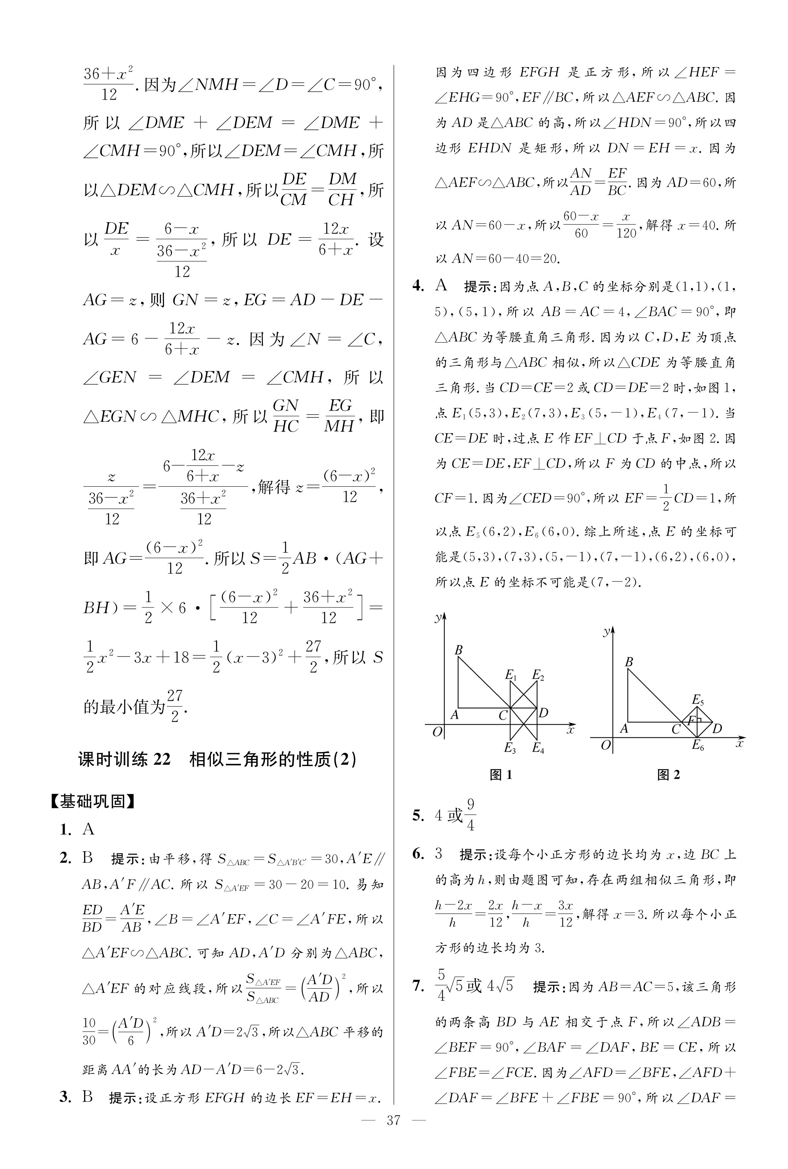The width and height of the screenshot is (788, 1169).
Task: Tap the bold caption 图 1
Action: pyautogui.click(x=501, y=775)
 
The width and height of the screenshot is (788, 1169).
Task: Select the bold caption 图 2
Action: pyautogui.click(x=669, y=775)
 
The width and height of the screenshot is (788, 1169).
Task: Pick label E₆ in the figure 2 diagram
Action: pyautogui.click(x=697, y=745)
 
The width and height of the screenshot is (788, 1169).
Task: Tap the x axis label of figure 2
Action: pyautogui.click(x=739, y=743)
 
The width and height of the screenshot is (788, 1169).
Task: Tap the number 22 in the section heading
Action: pyautogui.click(x=162, y=759)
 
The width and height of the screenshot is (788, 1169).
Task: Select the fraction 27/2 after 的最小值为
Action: pyautogui.click(x=174, y=706)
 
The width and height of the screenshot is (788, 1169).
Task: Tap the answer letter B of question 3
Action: pyautogui.click(x=88, y=1097)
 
